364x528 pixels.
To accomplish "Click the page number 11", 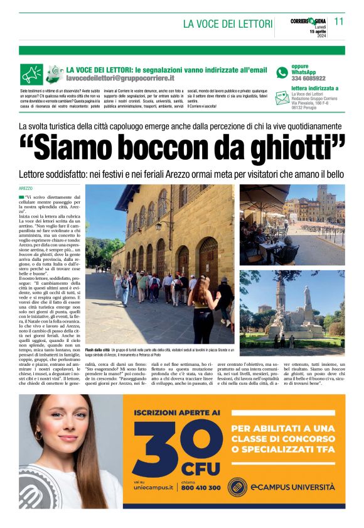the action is pos(339,21).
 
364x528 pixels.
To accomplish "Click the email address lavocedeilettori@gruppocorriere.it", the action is pos(120,78).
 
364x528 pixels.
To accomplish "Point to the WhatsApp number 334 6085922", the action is pos(308,78).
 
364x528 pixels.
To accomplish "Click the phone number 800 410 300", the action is pos(201,487).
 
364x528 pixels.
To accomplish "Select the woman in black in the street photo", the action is pos(203,308).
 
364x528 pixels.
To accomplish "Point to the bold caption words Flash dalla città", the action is pos(97,349).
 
